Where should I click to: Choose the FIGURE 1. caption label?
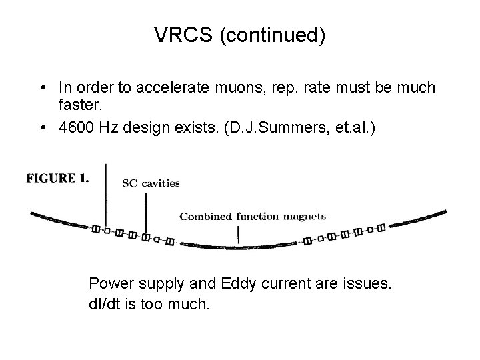coord(59,178)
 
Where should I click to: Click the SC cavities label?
coord(151,183)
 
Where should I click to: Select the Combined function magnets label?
coord(253,216)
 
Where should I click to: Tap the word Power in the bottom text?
coord(109,284)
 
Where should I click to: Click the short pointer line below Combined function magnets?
coord(238,234)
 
